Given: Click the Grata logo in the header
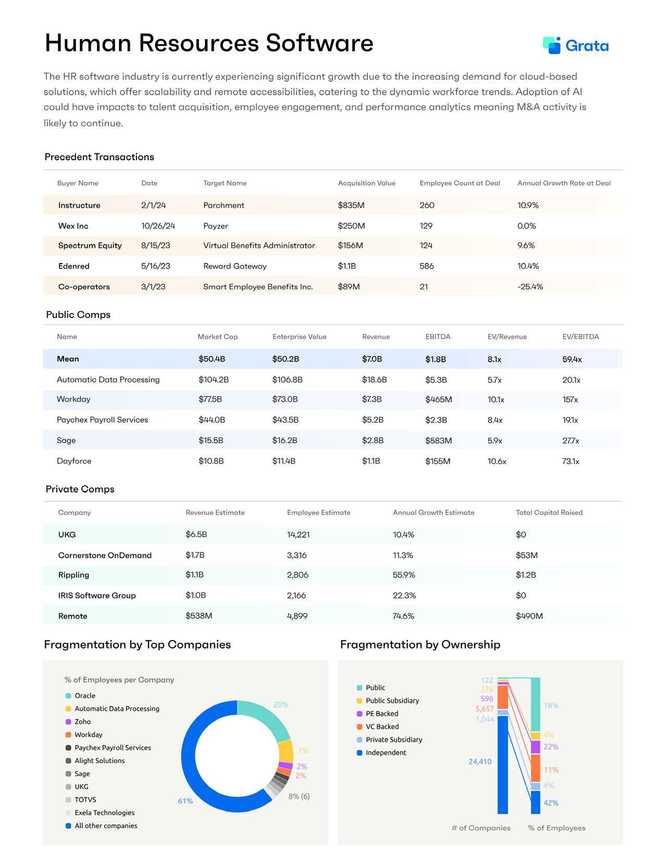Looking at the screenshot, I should (x=575, y=46).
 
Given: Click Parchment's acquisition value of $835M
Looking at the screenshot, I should (x=351, y=205).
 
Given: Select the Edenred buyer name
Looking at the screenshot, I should (x=74, y=266).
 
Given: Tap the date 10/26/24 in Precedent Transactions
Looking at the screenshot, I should (x=158, y=226).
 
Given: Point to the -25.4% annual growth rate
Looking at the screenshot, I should (x=530, y=287).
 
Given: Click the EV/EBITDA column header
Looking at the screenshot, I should (x=580, y=337).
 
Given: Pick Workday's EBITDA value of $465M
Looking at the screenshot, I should (x=438, y=400).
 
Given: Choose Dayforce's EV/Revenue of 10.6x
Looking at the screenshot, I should (x=497, y=461).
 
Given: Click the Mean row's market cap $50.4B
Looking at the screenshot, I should (x=212, y=359).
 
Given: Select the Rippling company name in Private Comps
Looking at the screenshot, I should (x=73, y=575).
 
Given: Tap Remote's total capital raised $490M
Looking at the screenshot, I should (x=529, y=616).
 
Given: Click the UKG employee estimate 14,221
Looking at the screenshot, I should (x=298, y=535).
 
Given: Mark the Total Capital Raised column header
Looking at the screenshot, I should (x=549, y=512).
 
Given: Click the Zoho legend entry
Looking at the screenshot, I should (x=82, y=722).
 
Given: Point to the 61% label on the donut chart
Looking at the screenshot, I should (x=186, y=801).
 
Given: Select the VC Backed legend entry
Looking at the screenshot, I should (x=382, y=727).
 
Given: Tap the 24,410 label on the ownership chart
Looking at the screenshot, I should (x=479, y=761).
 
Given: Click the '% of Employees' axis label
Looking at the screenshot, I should (x=557, y=828).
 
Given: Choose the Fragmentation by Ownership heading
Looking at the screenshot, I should (x=420, y=645).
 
